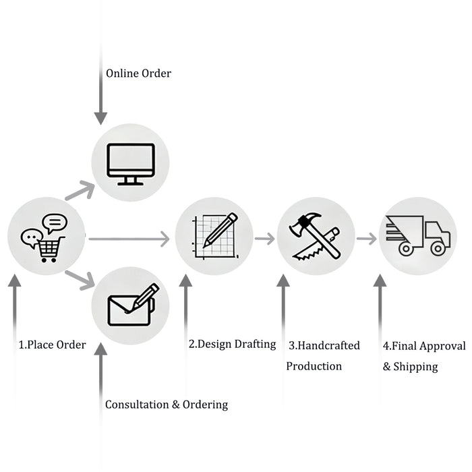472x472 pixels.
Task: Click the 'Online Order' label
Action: (x=138, y=73)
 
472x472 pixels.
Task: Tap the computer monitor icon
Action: (x=130, y=163)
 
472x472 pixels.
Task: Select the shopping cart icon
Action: (x=51, y=249)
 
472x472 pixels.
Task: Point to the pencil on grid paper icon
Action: (x=214, y=237)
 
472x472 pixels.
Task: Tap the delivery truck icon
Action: (x=417, y=236)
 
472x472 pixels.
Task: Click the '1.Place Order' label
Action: (x=52, y=345)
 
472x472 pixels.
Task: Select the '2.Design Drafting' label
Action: (x=232, y=344)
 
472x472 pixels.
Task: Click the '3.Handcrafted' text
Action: (x=324, y=345)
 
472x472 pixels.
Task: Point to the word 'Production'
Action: (x=314, y=366)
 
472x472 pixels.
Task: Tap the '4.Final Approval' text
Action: (x=424, y=346)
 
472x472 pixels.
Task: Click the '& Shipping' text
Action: (x=410, y=367)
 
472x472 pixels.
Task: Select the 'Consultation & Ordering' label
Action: (x=166, y=405)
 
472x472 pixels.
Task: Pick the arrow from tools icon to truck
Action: (x=367, y=238)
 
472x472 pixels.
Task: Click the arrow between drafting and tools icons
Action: (x=265, y=238)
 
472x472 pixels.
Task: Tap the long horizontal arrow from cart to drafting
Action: (x=128, y=238)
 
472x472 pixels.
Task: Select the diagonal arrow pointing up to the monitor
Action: (x=80, y=191)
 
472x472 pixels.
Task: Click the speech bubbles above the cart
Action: (x=45, y=229)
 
